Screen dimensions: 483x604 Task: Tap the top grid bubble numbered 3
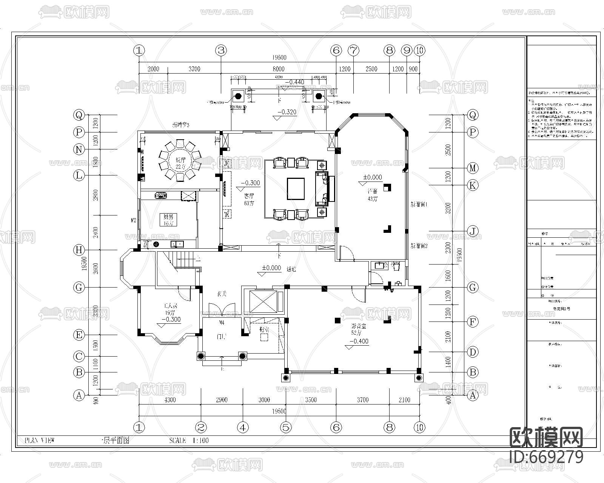[x=221, y=50]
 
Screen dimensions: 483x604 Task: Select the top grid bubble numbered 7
[x=353, y=50]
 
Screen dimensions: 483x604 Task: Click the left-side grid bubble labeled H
[x=79, y=250]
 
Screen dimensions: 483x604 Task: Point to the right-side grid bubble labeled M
[x=473, y=168]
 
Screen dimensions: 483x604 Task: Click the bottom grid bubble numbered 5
[x=286, y=427]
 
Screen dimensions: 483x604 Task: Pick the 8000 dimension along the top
[x=279, y=69]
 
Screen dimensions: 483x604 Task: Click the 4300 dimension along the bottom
[x=170, y=400]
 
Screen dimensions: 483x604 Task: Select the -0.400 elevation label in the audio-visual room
[x=359, y=341]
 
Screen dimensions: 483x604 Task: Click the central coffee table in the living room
[x=296, y=188]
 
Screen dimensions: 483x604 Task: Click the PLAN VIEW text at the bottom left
[x=40, y=440]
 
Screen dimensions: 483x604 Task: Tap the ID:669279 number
[x=546, y=457]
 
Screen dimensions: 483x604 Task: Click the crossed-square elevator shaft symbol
[x=263, y=301]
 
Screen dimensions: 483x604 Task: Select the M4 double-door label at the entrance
[x=222, y=323]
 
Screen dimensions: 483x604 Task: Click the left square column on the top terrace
[x=238, y=96]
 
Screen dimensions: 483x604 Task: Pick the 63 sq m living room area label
[x=249, y=203]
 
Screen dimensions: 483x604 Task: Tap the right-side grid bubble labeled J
[x=473, y=231]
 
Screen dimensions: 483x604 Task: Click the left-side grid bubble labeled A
[x=79, y=395]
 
